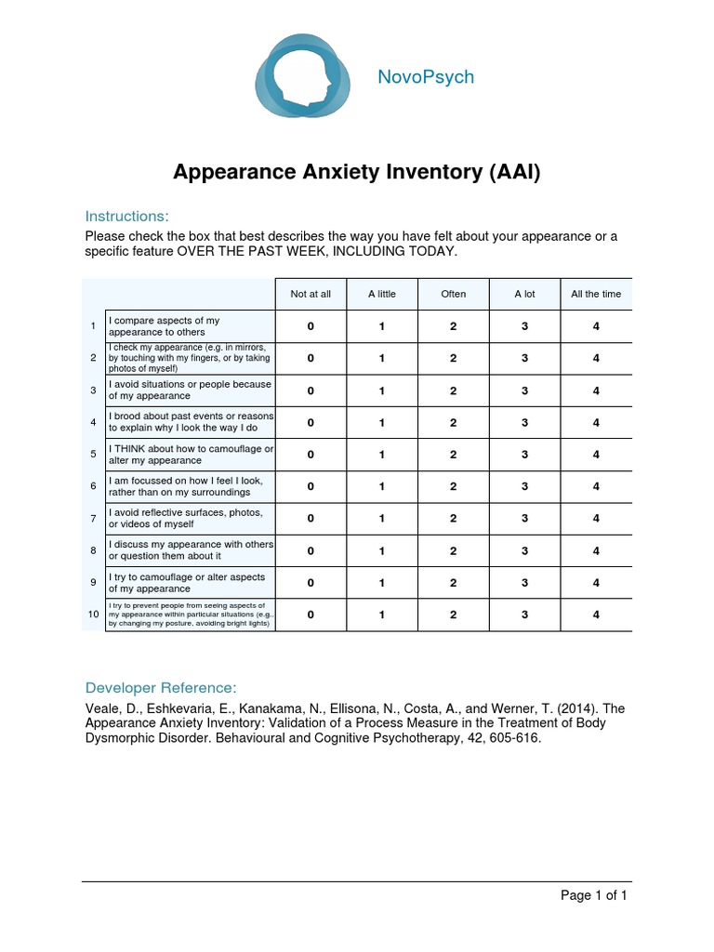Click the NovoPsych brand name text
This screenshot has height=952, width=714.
pos(425,77)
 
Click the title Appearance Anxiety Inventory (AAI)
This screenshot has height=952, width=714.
pos(357,172)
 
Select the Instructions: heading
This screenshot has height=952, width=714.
pos(126,217)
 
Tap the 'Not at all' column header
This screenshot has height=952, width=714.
pos(311,294)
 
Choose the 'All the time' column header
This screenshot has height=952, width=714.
pos(596,294)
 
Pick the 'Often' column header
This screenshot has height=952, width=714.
pos(453,294)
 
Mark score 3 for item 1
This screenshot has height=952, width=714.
pos(524,326)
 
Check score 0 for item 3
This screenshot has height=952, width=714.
pos(311,390)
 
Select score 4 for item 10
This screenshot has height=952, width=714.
pos(596,615)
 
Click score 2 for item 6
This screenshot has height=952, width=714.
pos(453,486)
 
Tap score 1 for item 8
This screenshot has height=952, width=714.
pos(382,550)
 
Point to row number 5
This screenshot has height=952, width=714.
pos(93,455)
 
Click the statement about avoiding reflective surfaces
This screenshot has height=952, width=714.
pos(186,519)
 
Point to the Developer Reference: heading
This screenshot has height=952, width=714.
pos(161,688)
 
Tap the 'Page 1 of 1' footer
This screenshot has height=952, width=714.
pos(593,895)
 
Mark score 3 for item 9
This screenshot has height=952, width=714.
pos(524,583)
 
